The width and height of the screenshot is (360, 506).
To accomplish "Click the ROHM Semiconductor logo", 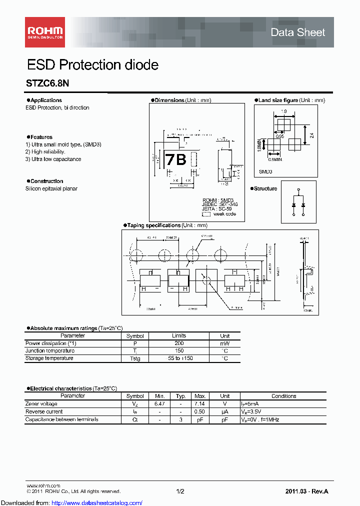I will pos(44,32).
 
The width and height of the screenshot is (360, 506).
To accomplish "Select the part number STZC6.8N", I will pos(47,84).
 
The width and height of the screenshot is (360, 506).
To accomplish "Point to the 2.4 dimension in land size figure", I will pos(311,135).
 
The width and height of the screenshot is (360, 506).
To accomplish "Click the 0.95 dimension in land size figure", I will pos(279,136).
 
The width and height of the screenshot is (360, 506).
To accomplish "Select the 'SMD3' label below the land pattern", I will pos(265,171).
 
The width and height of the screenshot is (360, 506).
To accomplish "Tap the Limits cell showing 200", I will pos(179,343).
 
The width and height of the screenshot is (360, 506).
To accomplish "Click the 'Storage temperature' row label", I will pos(49,358).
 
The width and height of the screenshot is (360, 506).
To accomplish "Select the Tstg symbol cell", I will pos(135,358).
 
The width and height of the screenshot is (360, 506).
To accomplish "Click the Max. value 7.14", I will pos(200,404).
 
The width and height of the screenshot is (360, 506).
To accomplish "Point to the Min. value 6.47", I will pos(160,404).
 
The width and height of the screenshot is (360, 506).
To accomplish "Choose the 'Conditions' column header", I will pos(283,396).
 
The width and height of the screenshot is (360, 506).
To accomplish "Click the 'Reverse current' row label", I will pos(44,411).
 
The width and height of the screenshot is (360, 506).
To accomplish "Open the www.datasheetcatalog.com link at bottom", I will pos(71,502).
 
